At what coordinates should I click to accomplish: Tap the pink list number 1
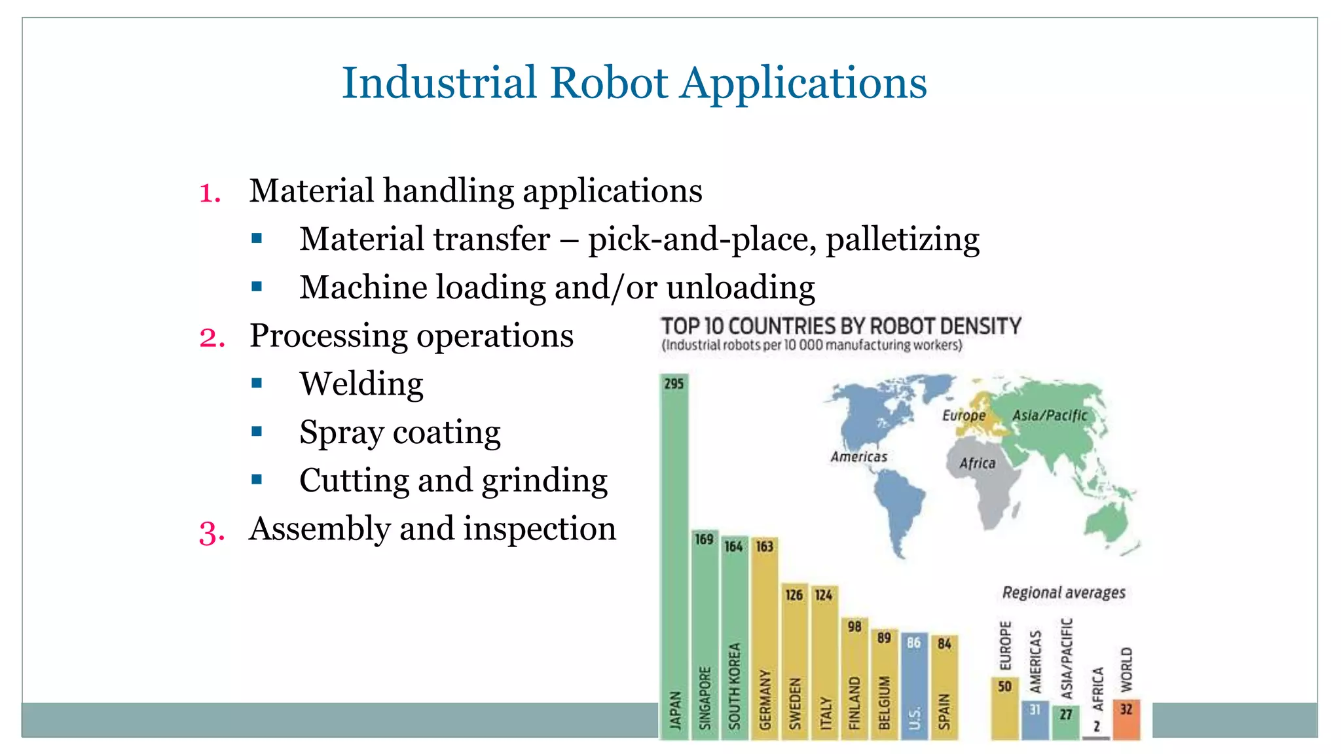[210, 193]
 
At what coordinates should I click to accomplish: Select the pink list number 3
[211, 532]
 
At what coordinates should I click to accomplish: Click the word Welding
[361, 384]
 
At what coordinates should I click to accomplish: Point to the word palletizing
[902, 240]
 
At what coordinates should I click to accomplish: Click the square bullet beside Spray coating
[257, 431]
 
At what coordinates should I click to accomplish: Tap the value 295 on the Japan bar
[674, 384]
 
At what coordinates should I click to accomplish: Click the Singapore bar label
[705, 698]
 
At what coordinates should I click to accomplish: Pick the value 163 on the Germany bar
[764, 547]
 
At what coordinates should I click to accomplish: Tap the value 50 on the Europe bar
[1004, 687]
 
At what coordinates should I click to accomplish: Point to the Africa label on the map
[977, 463]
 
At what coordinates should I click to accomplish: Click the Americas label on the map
[858, 457]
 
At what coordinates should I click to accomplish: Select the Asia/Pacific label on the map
[1050, 416]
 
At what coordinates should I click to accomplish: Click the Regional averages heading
[1063, 593]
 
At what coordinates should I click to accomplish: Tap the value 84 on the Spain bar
[944, 644]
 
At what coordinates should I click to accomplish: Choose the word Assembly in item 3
[319, 529]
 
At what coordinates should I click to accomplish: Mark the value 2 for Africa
[1096, 727]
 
